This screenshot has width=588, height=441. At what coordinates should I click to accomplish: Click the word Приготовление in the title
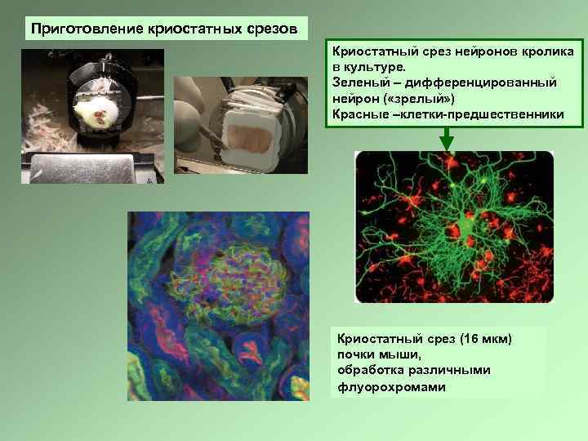74,29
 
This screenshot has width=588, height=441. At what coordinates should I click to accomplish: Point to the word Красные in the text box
363,114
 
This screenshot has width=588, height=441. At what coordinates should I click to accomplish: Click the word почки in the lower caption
355,354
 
